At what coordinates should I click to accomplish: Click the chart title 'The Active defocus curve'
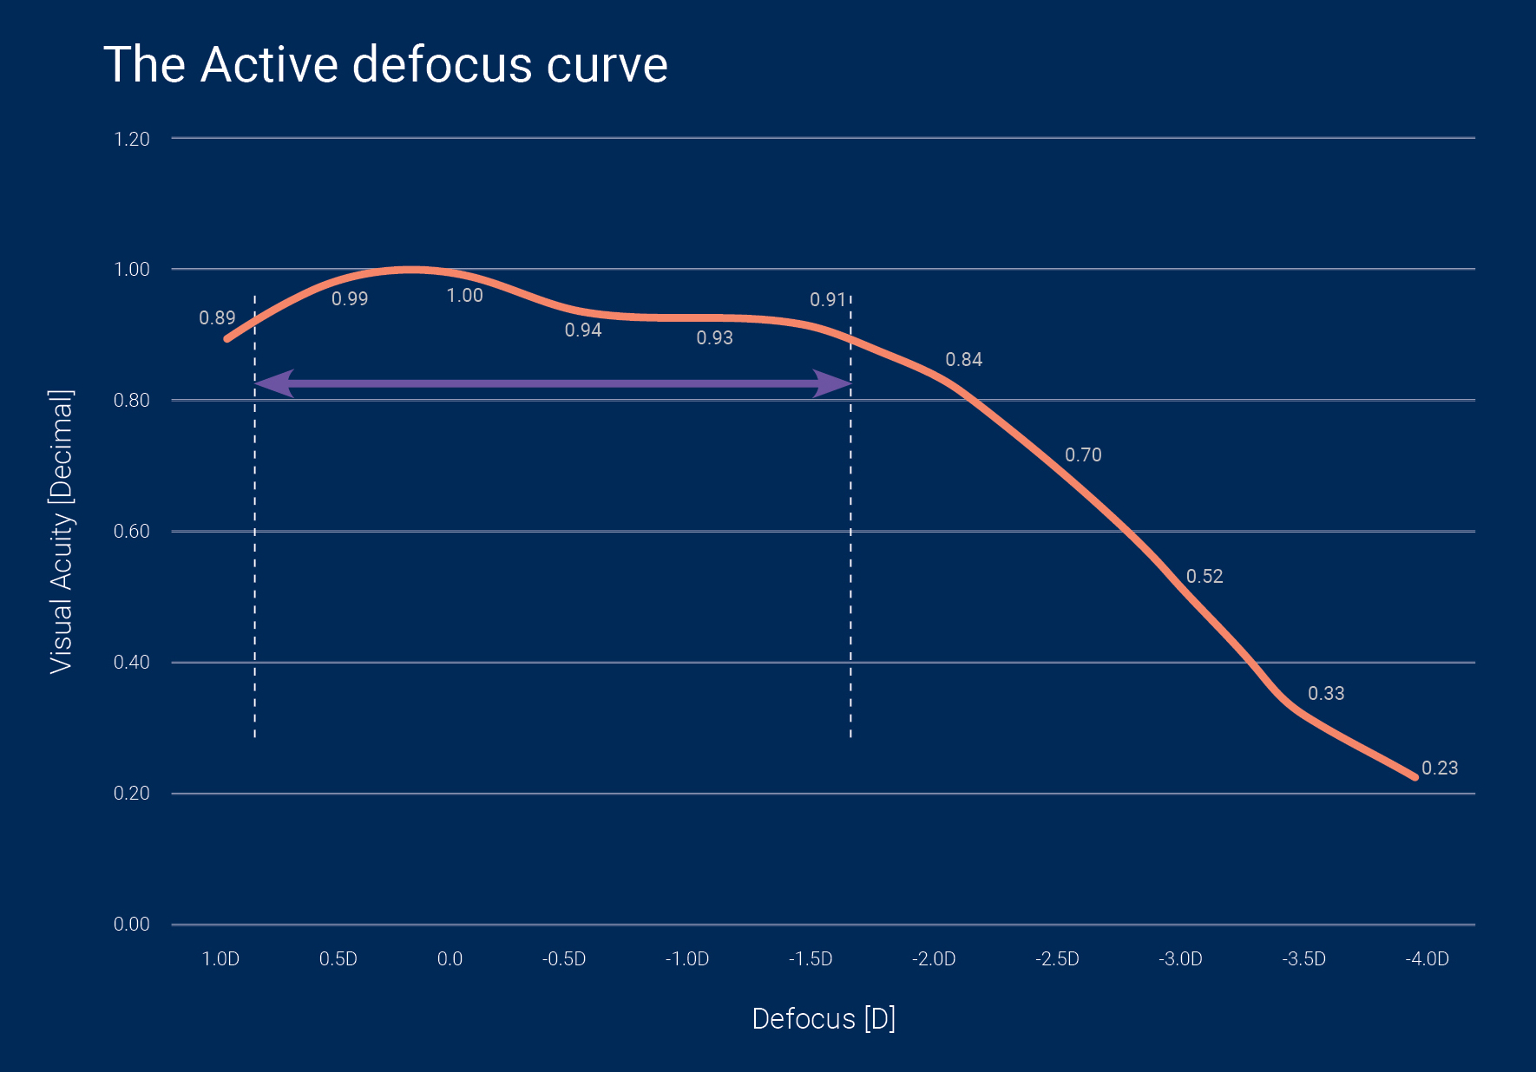pyautogui.click(x=385, y=65)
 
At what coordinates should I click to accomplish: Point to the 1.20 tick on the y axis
pyautogui.click(x=132, y=139)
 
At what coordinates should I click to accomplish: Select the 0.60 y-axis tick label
pyautogui.click(x=132, y=531)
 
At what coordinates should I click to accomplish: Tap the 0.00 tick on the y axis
pyautogui.click(x=132, y=924)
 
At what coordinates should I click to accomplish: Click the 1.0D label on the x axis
pyautogui.click(x=220, y=958)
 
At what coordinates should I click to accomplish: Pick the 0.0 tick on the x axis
pyautogui.click(x=450, y=958)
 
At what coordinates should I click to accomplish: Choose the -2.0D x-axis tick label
pyautogui.click(x=934, y=958)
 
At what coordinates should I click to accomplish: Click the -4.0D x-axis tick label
pyautogui.click(x=1427, y=958)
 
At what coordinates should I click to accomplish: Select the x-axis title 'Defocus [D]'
pyautogui.click(x=824, y=1018)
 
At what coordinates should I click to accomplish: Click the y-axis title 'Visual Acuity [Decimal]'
pyautogui.click(x=61, y=531)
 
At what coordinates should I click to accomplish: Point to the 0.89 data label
pyautogui.click(x=217, y=318)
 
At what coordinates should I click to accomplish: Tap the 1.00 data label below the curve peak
pyautogui.click(x=464, y=296)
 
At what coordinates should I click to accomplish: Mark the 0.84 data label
pyautogui.click(x=963, y=360)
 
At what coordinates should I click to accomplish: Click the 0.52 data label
pyautogui.click(x=1205, y=577)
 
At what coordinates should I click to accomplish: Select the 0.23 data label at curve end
pyautogui.click(x=1440, y=768)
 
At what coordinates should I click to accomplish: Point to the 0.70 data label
pyautogui.click(x=1083, y=455)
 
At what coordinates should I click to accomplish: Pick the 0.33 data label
pyautogui.click(x=1326, y=694)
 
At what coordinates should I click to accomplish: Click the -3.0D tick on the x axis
pyautogui.click(x=1180, y=958)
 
